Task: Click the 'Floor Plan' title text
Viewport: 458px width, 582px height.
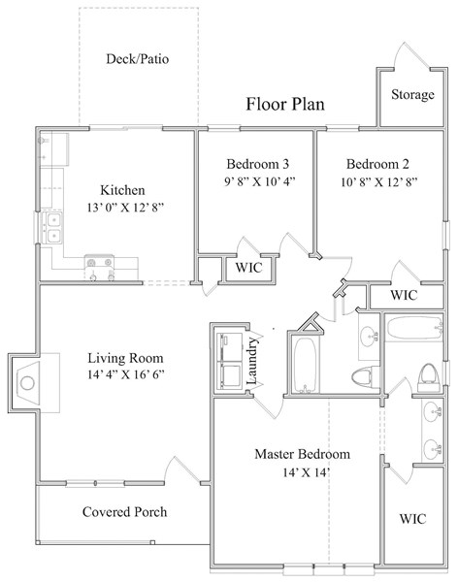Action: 285,104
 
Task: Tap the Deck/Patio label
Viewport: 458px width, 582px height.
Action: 138,58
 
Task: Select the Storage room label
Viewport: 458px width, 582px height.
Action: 412,94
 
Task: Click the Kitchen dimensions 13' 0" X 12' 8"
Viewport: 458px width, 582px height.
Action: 125,208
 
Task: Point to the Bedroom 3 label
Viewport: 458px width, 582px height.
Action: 258,164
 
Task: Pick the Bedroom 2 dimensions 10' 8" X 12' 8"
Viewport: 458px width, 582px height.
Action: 379,182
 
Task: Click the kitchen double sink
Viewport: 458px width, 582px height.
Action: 52,228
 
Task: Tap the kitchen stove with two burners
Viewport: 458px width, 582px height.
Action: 99,263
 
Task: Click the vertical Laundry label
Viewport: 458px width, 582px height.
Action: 252,361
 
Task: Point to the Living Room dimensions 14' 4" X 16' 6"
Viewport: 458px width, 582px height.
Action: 126,374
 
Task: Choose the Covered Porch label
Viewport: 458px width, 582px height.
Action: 125,512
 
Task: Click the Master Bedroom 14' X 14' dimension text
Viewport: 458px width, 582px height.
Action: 307,472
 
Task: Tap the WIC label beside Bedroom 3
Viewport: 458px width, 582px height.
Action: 248,268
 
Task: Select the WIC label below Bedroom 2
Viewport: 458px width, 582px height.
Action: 404,295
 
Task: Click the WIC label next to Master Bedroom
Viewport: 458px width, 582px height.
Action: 412,519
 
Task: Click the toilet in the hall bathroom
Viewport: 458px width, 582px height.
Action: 366,376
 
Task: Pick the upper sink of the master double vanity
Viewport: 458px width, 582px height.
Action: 433,412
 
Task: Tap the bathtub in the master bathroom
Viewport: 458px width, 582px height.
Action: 415,327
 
